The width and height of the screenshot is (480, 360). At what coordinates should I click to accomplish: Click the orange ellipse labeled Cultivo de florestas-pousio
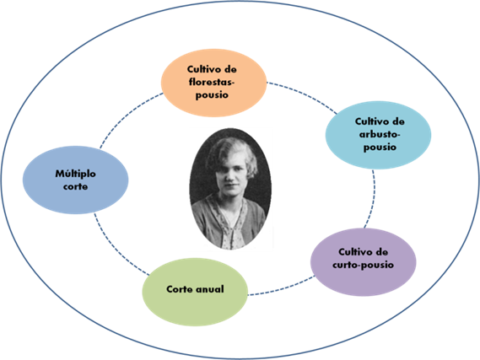(213, 83)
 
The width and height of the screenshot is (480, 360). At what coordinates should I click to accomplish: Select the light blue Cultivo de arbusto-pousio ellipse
(378, 135)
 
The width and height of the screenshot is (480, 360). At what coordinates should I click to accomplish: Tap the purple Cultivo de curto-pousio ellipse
(364, 262)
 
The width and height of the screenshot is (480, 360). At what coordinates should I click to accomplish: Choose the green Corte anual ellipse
(195, 292)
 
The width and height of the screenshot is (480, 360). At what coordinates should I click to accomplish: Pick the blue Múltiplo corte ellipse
(76, 180)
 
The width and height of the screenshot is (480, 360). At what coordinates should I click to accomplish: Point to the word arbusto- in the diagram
(380, 134)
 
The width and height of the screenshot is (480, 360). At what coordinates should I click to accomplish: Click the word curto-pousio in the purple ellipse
(363, 265)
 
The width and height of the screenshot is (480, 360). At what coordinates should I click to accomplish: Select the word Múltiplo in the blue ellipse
(76, 174)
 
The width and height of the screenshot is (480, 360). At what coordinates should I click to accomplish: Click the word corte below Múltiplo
(76, 186)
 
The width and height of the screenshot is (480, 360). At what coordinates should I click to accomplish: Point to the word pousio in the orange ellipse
(212, 94)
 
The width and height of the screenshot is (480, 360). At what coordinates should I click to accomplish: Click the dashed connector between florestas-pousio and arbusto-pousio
(303, 94)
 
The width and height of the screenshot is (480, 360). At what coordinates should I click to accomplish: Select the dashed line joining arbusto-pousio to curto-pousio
(373, 199)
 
